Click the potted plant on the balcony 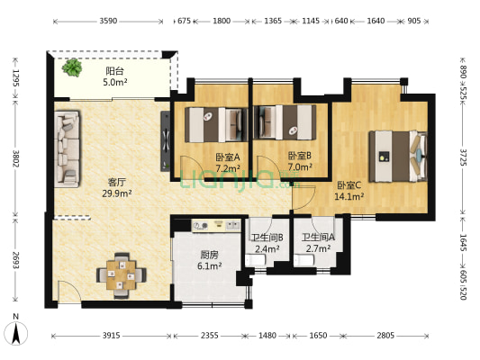pyautogui.click(x=72, y=67)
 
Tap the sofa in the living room pyautogui.click(x=67, y=148)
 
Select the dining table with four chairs pyautogui.click(x=122, y=275)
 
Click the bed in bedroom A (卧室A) pyautogui.click(x=216, y=124)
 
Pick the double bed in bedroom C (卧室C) pyautogui.click(x=398, y=156)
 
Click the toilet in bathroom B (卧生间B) pyautogui.click(x=255, y=261)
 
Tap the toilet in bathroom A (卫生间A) pyautogui.click(x=303, y=261)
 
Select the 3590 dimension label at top pyautogui.click(x=108, y=21)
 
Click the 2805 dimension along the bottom pyautogui.click(x=385, y=336)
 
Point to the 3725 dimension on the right pyautogui.click(x=463, y=157)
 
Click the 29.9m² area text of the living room pyautogui.click(x=117, y=193)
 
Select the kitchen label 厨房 pyautogui.click(x=210, y=255)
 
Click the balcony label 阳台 pyautogui.click(x=114, y=71)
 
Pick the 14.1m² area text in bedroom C pyautogui.click(x=349, y=196)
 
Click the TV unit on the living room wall pyautogui.click(x=166, y=140)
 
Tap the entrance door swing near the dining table pyautogui.click(x=69, y=292)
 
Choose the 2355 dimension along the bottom pyautogui.click(x=210, y=336)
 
